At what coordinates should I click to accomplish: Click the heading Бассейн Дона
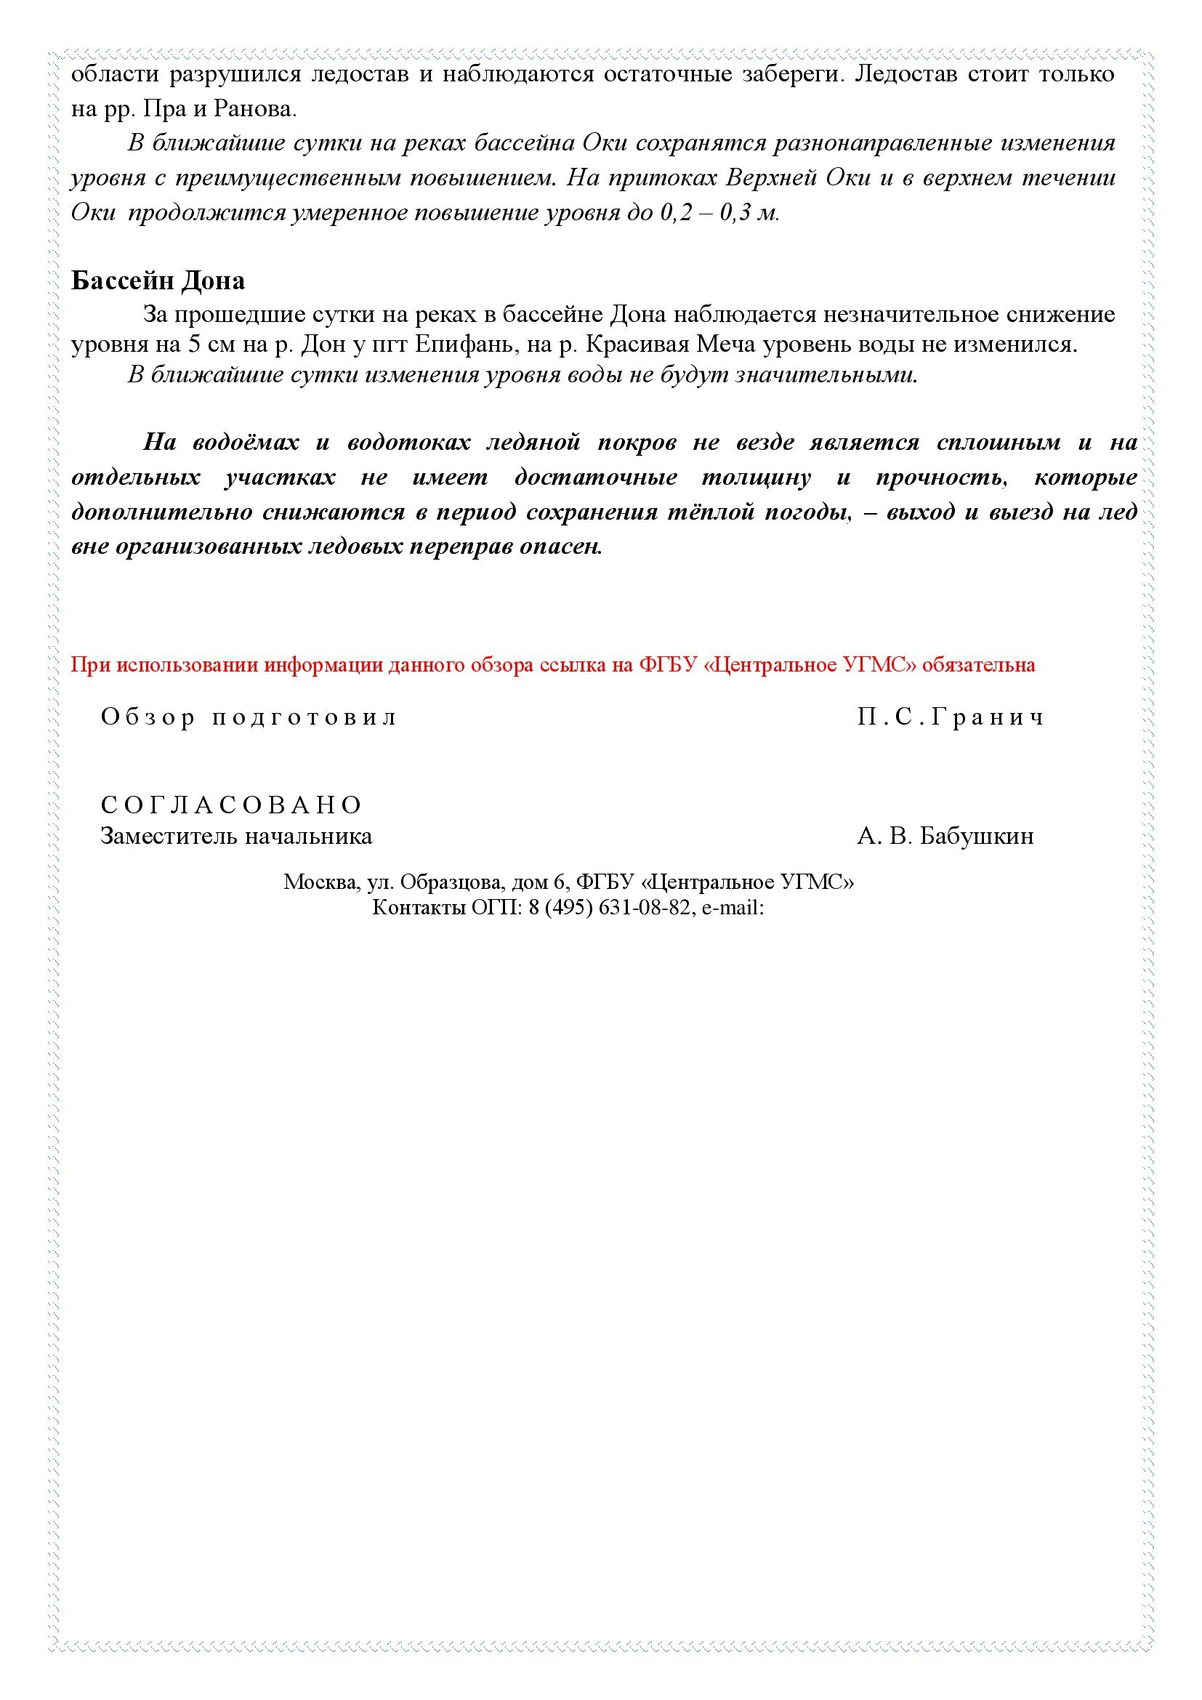click(x=158, y=281)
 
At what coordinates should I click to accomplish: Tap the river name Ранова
click(x=254, y=110)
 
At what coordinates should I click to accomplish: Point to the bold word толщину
click(x=756, y=478)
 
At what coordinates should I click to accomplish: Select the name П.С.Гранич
click(x=951, y=717)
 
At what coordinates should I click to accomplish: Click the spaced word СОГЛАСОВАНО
click(x=232, y=805)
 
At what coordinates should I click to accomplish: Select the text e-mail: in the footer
click(x=733, y=908)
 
